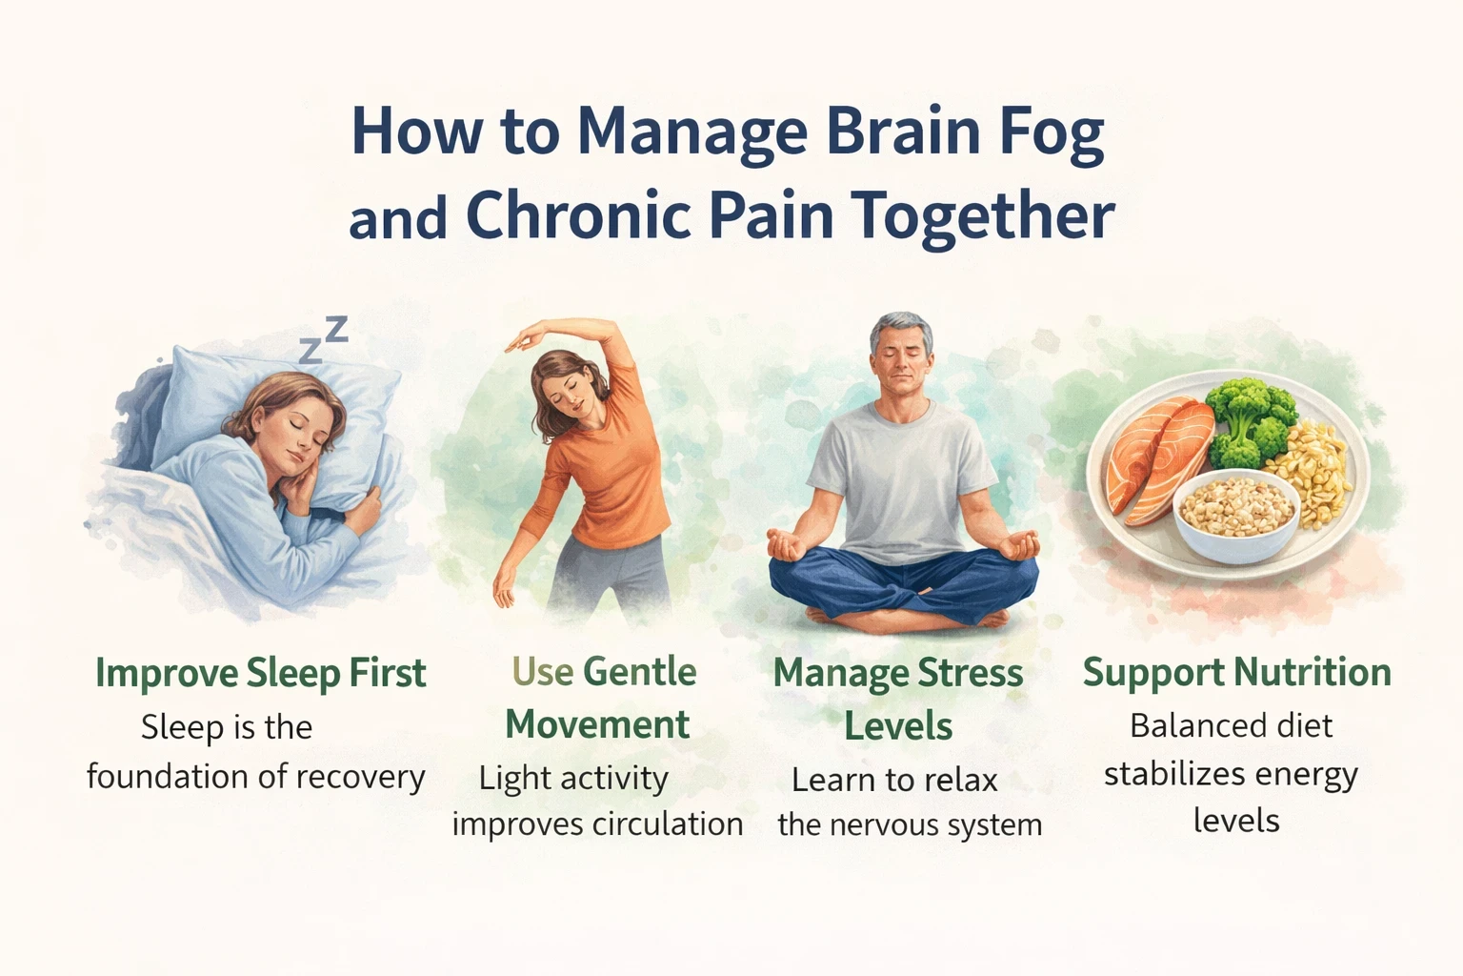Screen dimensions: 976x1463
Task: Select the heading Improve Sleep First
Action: (260, 673)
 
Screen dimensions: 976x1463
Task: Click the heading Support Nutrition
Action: (1236, 673)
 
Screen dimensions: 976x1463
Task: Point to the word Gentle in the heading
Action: (639, 673)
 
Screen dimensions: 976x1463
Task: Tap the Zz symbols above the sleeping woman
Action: (323, 340)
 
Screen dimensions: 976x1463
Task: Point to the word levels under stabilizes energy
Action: (1235, 821)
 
